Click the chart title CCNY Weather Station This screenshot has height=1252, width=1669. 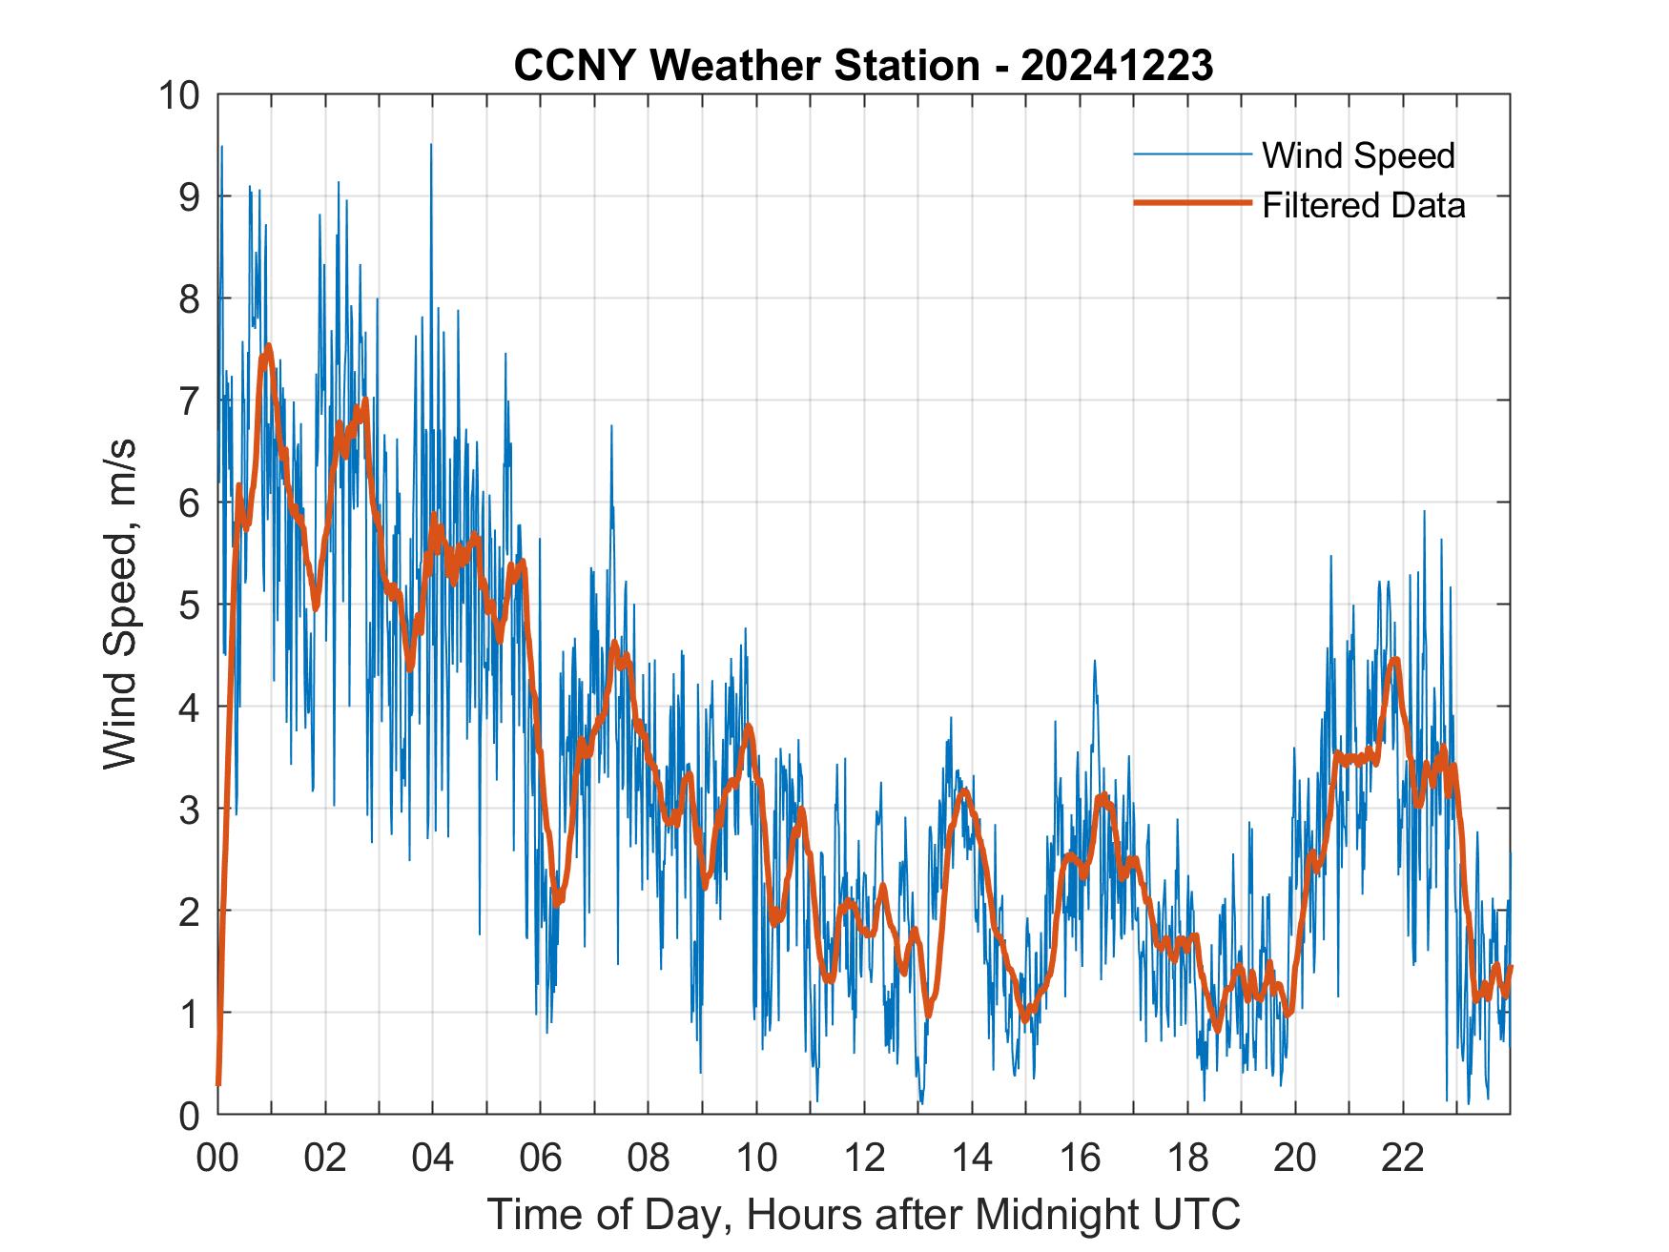(746, 66)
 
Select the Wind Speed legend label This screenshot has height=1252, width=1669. (1358, 155)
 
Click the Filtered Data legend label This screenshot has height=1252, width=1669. (1363, 205)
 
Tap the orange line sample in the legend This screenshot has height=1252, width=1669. (1191, 203)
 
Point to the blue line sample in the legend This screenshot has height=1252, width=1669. (1191, 154)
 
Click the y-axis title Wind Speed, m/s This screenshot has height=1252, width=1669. (121, 604)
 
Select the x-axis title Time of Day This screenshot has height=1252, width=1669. (863, 1215)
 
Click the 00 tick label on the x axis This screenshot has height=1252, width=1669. (217, 1158)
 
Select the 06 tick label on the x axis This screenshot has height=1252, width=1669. (541, 1158)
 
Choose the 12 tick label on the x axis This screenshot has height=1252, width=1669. (864, 1158)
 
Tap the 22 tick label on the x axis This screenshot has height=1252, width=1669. (1403, 1158)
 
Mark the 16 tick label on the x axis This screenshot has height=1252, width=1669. (1080, 1158)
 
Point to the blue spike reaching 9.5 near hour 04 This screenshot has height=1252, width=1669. (431, 145)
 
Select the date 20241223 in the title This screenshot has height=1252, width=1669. (1117, 66)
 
